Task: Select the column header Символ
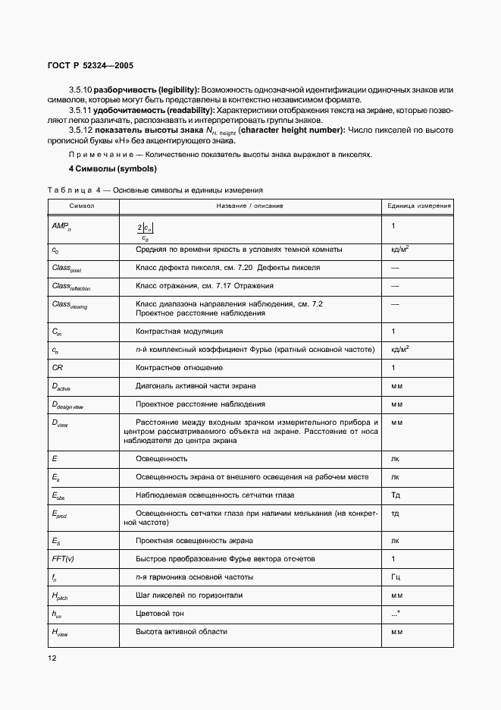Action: click(82, 206)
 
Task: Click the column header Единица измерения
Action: click(419, 206)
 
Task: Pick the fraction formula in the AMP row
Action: click(146, 232)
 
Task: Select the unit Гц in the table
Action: click(396, 577)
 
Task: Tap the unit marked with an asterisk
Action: click(395, 613)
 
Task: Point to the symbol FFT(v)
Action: click(63, 559)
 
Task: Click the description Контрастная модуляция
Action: click(179, 331)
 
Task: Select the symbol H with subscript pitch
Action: click(60, 596)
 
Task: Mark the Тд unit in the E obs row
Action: click(395, 495)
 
